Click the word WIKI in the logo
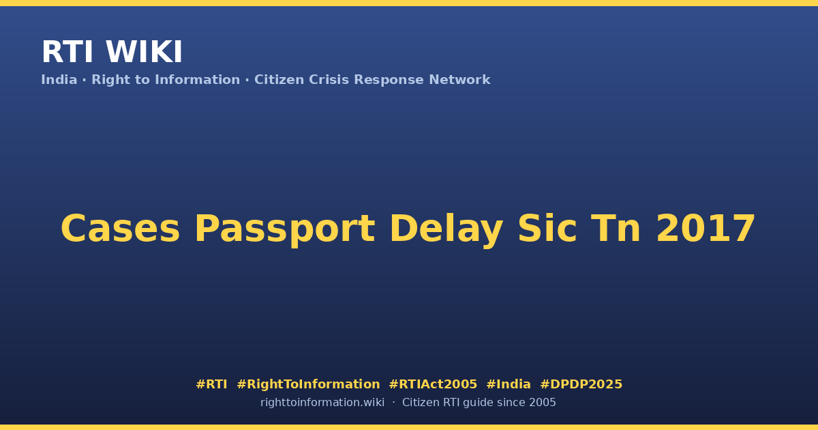(144, 52)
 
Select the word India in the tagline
(59, 80)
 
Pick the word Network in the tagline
(459, 80)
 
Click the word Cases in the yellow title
(120, 229)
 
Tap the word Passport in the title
(285, 229)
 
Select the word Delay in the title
(446, 229)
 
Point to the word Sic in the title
(547, 228)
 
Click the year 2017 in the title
(706, 229)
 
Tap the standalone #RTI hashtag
(211, 384)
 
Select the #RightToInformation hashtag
(308, 385)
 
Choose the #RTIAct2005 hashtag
(433, 384)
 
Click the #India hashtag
(509, 384)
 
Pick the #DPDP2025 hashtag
(581, 384)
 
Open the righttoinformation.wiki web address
(322, 403)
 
